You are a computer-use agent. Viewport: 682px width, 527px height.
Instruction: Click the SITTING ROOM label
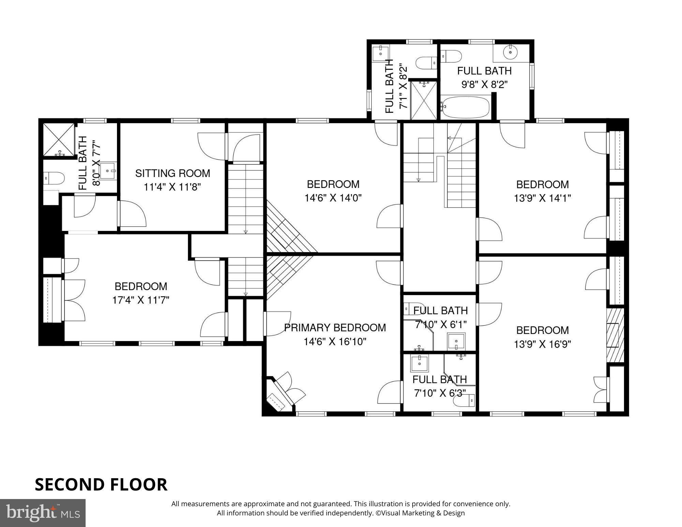173,173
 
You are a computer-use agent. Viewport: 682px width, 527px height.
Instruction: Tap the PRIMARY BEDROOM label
335,327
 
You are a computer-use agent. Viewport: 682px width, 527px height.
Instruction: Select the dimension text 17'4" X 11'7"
141,300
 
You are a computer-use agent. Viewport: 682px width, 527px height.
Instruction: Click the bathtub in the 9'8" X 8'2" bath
465,107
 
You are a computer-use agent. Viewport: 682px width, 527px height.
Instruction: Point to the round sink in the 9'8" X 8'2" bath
510,52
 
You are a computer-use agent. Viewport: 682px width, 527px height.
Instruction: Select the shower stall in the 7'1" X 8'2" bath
423,100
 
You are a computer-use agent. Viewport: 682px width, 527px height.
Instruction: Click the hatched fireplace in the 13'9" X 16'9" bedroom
615,335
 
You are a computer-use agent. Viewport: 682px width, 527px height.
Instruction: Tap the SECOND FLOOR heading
101,484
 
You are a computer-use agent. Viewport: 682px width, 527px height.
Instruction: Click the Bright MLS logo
43,513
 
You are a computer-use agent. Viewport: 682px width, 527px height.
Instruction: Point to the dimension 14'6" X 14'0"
333,198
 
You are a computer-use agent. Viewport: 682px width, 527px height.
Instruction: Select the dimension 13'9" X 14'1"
542,198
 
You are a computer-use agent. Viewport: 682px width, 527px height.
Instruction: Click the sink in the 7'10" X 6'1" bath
456,341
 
